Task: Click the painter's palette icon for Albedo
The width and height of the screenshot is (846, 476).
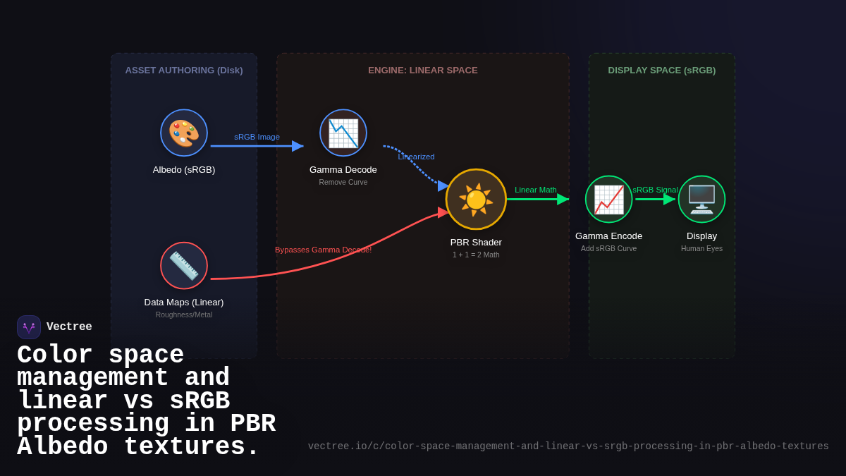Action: click(x=184, y=133)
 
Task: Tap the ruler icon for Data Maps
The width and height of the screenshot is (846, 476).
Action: click(x=184, y=266)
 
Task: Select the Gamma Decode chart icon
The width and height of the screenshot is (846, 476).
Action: click(x=343, y=133)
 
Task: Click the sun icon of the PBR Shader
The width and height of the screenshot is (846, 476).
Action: click(x=476, y=200)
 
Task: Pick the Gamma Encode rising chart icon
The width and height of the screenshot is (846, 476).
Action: click(x=608, y=200)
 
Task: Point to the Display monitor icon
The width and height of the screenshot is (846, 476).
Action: click(x=701, y=200)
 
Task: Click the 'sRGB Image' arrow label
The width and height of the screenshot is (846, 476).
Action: click(x=257, y=137)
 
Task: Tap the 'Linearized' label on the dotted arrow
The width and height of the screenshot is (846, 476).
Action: click(x=416, y=157)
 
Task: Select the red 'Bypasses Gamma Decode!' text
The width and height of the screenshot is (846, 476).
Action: click(x=323, y=250)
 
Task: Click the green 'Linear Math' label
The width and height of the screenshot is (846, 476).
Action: click(x=535, y=190)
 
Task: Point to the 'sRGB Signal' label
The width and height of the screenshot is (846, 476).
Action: click(x=655, y=190)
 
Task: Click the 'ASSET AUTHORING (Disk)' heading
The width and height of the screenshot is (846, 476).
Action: click(x=184, y=71)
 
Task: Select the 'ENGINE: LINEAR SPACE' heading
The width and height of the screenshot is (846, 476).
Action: click(x=423, y=71)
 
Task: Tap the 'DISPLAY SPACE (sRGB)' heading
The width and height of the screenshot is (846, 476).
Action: click(x=662, y=71)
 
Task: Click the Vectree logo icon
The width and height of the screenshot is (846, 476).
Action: click(x=29, y=327)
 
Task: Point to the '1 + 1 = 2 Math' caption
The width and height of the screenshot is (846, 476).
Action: click(x=476, y=255)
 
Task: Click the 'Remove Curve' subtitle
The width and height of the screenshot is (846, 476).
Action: click(x=343, y=182)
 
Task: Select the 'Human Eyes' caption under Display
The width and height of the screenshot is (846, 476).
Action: click(x=701, y=248)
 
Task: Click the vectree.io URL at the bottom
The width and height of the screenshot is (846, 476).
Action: click(x=568, y=446)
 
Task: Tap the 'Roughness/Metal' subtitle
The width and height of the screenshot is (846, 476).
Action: click(x=184, y=315)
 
